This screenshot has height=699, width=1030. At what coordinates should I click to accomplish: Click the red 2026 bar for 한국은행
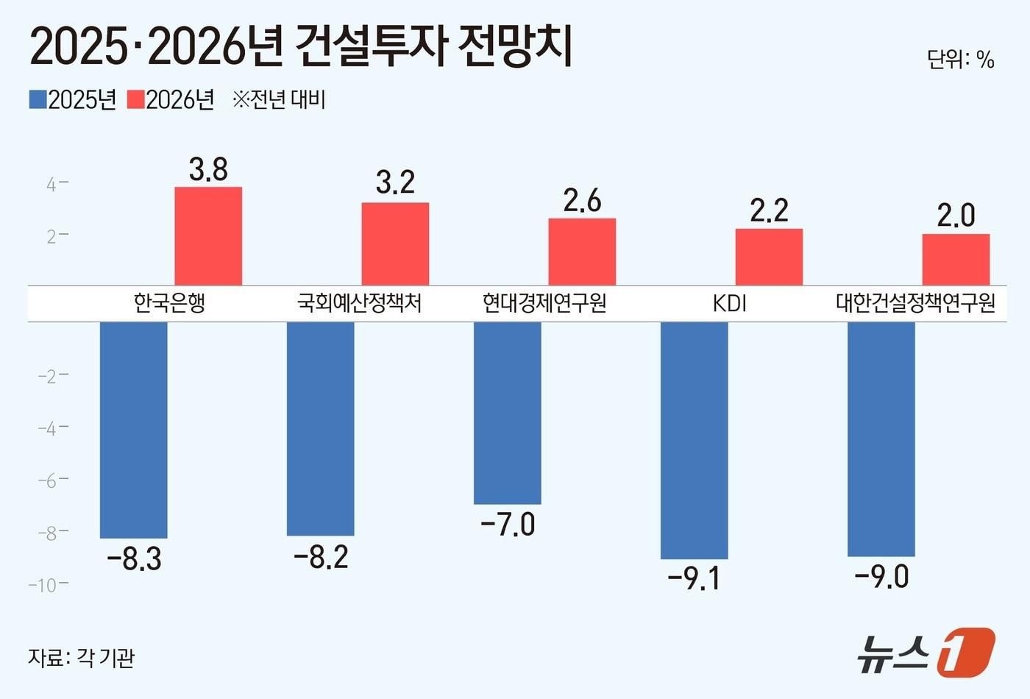[x=208, y=235]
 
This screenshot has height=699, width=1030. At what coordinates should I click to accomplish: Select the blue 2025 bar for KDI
[x=694, y=440]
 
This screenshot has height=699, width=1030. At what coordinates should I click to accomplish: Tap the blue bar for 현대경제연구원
[x=507, y=413]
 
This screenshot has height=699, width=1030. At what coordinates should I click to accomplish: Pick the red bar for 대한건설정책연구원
[x=956, y=259]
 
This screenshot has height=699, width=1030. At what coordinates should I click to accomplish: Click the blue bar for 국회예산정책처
[x=320, y=428]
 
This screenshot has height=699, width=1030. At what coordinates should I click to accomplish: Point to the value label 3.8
[x=208, y=169]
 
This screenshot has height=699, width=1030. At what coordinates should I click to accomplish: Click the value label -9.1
[x=694, y=578]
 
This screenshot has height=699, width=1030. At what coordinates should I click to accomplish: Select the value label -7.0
[x=508, y=525]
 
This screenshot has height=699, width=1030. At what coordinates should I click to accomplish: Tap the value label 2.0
[x=956, y=216]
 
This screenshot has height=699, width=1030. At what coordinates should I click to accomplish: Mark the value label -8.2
[x=321, y=557]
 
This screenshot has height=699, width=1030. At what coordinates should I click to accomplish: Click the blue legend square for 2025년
[x=38, y=99]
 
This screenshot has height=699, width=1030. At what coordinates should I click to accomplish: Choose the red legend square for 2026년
[x=135, y=99]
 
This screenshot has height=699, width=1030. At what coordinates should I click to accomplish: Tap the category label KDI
[x=729, y=303]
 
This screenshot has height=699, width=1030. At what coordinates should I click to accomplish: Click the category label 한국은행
[x=169, y=303]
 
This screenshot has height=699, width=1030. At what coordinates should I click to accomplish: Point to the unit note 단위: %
[x=960, y=59]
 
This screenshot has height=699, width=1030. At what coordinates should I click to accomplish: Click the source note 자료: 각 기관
[x=81, y=657]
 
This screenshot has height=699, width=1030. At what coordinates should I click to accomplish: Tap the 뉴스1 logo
[x=926, y=652]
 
